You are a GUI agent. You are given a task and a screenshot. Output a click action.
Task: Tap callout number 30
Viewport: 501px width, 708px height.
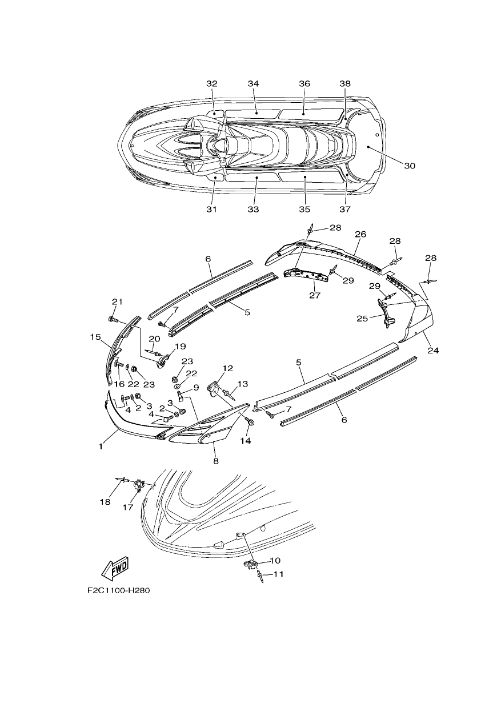click(410, 166)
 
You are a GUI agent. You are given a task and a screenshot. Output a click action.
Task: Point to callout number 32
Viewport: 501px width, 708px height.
click(212, 84)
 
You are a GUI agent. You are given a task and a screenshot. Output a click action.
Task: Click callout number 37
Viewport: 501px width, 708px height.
click(346, 209)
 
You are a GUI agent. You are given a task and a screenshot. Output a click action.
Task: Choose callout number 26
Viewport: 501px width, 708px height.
click(360, 234)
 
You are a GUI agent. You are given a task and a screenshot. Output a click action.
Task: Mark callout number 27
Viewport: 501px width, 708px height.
click(315, 295)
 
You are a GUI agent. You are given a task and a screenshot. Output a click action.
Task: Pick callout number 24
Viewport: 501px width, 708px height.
click(434, 350)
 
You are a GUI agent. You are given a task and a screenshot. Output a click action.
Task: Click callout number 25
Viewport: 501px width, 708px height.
click(362, 318)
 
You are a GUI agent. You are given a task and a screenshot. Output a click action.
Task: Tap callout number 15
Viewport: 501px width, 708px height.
click(95, 337)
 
